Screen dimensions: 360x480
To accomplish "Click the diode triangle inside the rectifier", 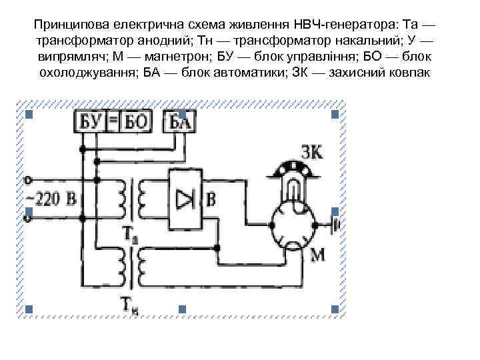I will [185, 198].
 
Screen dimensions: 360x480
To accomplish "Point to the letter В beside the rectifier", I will [212, 198].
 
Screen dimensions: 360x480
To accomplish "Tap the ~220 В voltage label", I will [51, 198].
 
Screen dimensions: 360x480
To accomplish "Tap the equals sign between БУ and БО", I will [113, 121].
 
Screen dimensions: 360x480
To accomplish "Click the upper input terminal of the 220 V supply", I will [27, 179].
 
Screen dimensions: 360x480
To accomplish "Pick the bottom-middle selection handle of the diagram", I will [182, 309].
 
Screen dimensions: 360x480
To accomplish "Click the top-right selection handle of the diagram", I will [335, 115].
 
